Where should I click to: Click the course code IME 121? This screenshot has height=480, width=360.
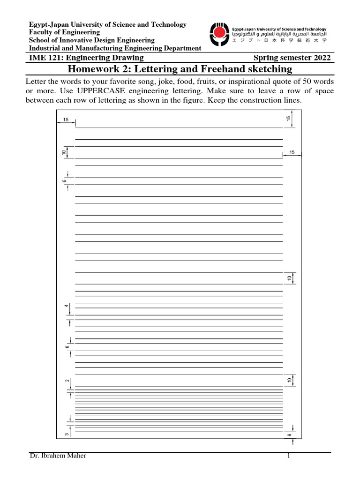(46, 58)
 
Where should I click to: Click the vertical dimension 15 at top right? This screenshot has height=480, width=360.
(288, 117)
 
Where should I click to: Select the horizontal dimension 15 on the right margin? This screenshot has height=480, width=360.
(292, 152)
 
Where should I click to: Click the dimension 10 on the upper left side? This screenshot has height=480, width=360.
(65, 153)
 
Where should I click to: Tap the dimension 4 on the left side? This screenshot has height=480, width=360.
(66, 306)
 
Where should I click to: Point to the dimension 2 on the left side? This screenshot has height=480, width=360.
(66, 380)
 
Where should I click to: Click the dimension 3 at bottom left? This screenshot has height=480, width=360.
(66, 434)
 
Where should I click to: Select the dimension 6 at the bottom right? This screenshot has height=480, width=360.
(289, 435)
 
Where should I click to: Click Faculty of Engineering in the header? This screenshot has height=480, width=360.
(65, 32)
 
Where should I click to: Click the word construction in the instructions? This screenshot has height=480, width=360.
(266, 100)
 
